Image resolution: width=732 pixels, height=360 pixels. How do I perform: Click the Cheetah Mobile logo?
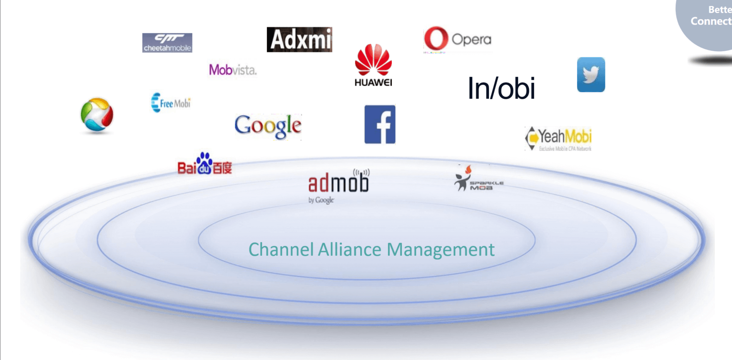pyautogui.click(x=167, y=42)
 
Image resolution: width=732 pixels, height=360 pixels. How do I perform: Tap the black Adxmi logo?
pyautogui.click(x=299, y=40)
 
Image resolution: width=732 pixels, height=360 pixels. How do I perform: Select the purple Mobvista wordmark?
pyautogui.click(x=233, y=70)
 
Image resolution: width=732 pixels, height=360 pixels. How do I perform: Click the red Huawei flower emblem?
pyautogui.click(x=373, y=60)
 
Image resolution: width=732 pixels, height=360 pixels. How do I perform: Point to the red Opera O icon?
pyautogui.click(x=436, y=39)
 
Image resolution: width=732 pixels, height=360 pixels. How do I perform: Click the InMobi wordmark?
pyautogui.click(x=501, y=88)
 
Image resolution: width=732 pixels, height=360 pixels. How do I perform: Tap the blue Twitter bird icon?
pyautogui.click(x=591, y=75)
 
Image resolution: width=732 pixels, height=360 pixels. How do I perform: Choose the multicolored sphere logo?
pyautogui.click(x=97, y=115)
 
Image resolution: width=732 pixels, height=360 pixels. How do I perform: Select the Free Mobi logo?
pyautogui.click(x=171, y=102)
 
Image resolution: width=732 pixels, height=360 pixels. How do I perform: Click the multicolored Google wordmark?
pyautogui.click(x=268, y=125)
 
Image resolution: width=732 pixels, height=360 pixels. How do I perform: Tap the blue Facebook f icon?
pyautogui.click(x=380, y=124)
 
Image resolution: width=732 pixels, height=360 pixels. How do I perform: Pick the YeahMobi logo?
pyautogui.click(x=558, y=138)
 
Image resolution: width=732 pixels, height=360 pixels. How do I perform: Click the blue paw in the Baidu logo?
pyautogui.click(x=204, y=162)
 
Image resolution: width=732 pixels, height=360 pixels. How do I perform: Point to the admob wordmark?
pyautogui.click(x=339, y=183)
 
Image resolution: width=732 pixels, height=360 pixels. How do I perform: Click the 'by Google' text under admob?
pyautogui.click(x=321, y=200)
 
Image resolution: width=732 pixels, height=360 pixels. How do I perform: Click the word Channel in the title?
pyautogui.click(x=281, y=250)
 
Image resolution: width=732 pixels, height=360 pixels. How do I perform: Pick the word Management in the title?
pyautogui.click(x=441, y=250)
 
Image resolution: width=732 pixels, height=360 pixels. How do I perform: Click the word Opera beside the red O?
pyautogui.click(x=471, y=40)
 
